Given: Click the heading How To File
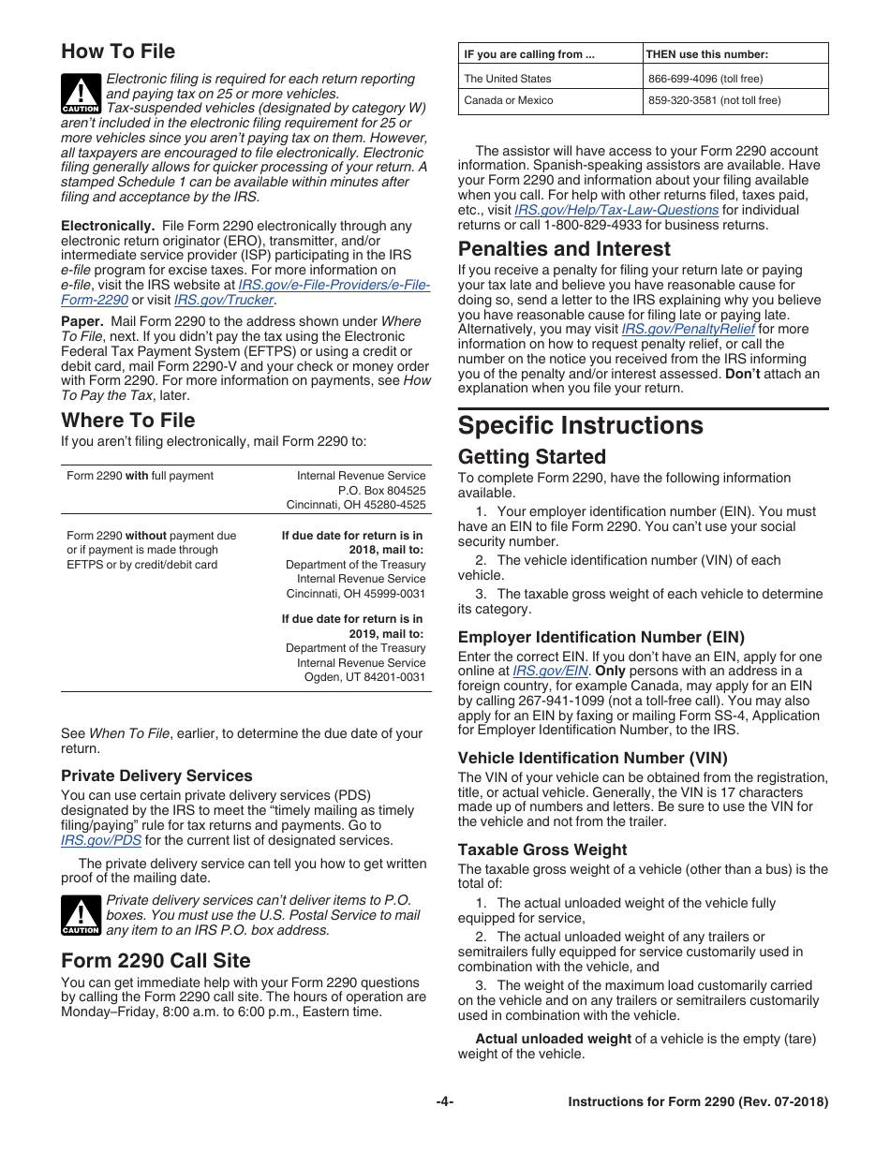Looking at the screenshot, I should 118,52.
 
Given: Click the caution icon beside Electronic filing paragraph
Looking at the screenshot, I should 81,95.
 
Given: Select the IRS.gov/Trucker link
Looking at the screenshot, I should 224,300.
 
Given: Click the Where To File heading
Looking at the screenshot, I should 128,420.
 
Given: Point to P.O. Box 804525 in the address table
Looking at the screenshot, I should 381,490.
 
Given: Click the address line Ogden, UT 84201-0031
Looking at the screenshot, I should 364,677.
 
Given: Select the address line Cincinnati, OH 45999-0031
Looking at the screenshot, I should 355,593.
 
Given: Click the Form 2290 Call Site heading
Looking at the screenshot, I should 156,960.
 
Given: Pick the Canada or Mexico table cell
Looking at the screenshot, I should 509,100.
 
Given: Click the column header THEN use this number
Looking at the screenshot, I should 707,54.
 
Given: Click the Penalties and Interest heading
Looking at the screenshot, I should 564,249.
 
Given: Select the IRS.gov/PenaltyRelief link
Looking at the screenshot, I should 689,329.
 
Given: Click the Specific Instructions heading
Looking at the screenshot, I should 580,425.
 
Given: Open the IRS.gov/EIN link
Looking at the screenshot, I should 550,671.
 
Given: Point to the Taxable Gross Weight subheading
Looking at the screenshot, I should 542,849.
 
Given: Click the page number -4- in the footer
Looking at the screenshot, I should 445,1102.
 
